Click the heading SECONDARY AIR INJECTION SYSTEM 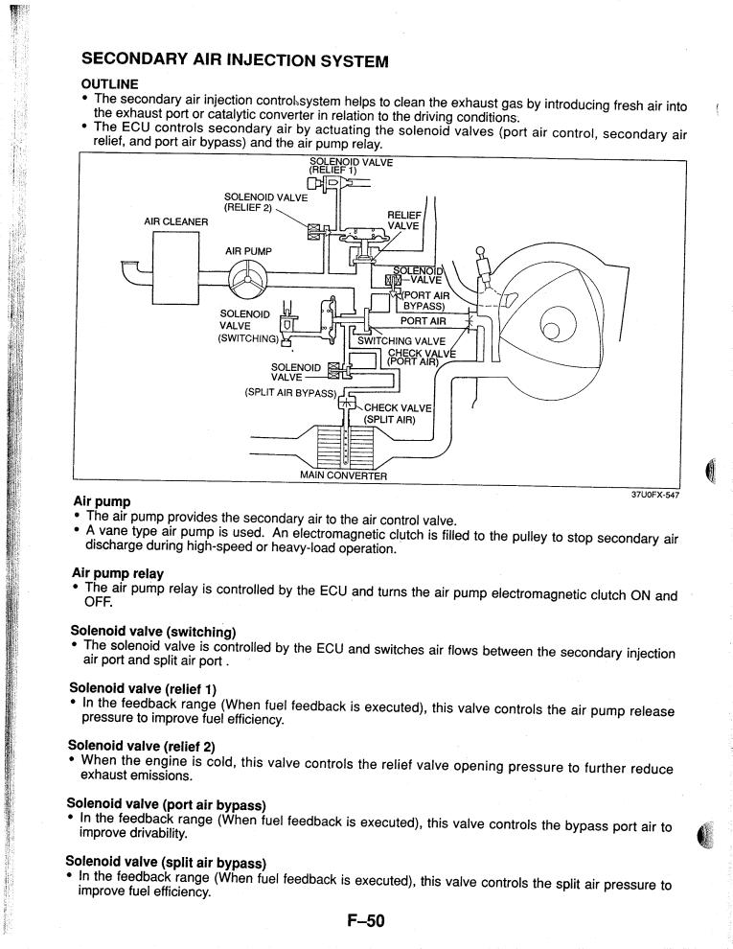coord(235,60)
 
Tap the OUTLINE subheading coord(109,84)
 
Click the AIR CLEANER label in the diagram coord(176,221)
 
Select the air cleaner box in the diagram coord(176,268)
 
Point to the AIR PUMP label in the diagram coord(248,250)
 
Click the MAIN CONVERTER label coord(344,475)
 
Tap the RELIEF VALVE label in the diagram coord(404,220)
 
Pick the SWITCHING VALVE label coord(401,340)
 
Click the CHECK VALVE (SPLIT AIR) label coord(397,413)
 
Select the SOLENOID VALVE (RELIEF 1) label coord(351,166)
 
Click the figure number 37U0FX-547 coord(655,495)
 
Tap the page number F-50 coord(366,920)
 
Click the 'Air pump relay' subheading coord(117,572)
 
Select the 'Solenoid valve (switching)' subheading coord(153,632)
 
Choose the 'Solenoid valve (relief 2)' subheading coord(142,746)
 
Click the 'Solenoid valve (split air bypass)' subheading coord(166,862)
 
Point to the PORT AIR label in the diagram coord(424,321)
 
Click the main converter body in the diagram coord(345,446)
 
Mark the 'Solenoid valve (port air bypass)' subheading coord(167,804)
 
